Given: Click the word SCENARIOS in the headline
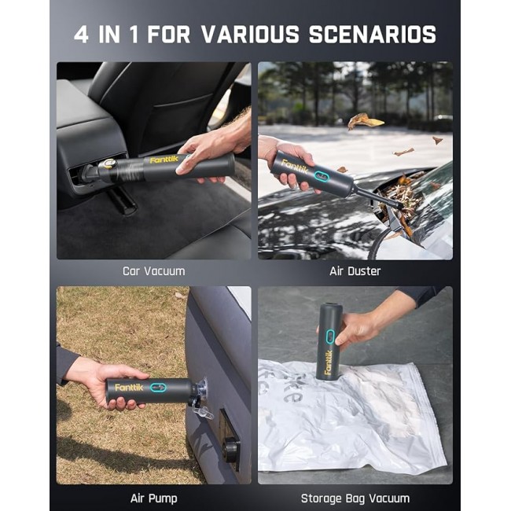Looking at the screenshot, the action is point(372,35).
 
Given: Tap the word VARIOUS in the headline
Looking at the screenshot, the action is point(250,35).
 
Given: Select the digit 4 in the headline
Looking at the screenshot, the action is point(81,35).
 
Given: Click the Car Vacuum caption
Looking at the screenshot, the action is point(154,271).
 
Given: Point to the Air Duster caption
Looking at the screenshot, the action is point(355,271).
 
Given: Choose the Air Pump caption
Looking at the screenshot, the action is point(154,498).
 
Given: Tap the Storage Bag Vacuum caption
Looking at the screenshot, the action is point(355,498).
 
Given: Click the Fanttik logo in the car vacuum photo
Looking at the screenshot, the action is point(164,160).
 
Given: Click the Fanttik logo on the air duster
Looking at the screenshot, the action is point(294,166).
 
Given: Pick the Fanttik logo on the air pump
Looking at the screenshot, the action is point(129,388).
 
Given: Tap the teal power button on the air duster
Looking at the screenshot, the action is point(322,176).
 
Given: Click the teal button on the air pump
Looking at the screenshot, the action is point(158,388).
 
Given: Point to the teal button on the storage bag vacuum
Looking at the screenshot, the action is point(330,336).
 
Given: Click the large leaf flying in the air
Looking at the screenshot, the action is point(364,121).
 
